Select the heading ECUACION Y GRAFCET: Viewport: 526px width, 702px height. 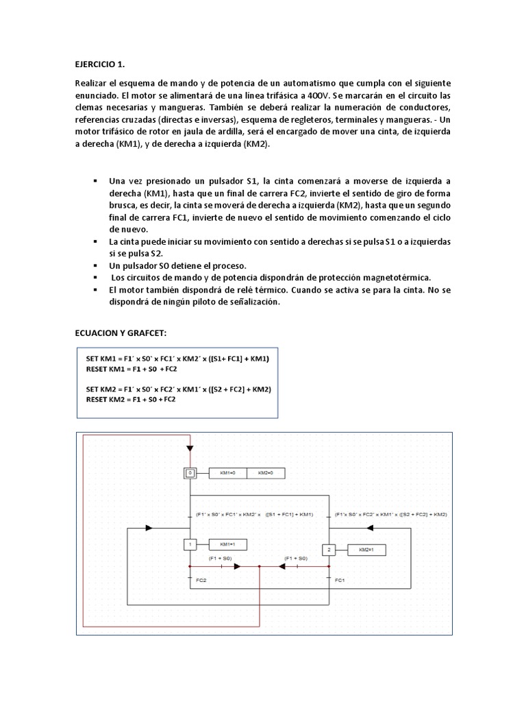120,332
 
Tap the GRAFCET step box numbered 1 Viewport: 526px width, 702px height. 190,544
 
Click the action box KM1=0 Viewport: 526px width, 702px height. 227,473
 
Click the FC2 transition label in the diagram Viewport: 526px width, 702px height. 201,580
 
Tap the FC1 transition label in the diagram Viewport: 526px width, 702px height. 339,580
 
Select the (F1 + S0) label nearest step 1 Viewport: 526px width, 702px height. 221,559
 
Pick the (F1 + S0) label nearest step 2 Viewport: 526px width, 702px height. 295,559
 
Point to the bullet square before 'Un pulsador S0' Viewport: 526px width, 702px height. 95,265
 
